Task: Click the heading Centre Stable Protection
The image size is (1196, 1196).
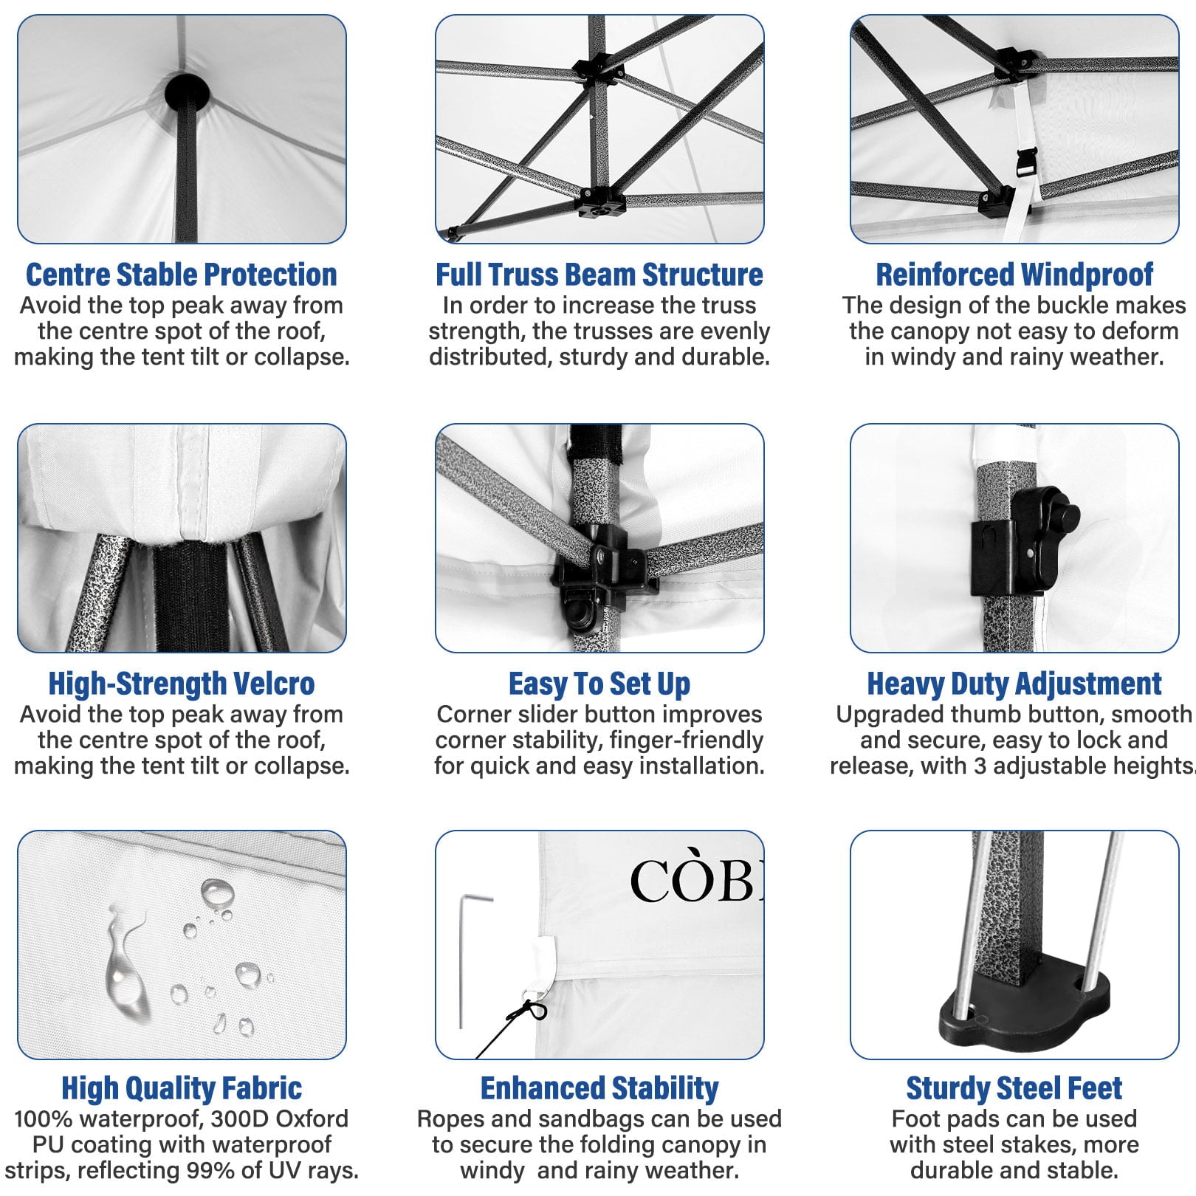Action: pyautogui.click(x=182, y=275)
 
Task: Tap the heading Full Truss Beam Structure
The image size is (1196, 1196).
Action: pyautogui.click(x=599, y=275)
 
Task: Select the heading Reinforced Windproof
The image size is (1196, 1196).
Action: pyautogui.click(x=1014, y=275)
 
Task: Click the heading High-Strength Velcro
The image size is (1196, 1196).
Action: pyautogui.click(x=182, y=684)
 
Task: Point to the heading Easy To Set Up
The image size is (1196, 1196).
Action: pyautogui.click(x=599, y=684)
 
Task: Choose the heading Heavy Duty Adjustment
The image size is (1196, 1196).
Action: pyautogui.click(x=1014, y=684)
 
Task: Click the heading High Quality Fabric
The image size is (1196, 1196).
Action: pyautogui.click(x=182, y=1088)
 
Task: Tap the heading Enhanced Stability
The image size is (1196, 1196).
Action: pyautogui.click(x=599, y=1088)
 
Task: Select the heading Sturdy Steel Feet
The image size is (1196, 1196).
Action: pyautogui.click(x=1014, y=1088)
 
